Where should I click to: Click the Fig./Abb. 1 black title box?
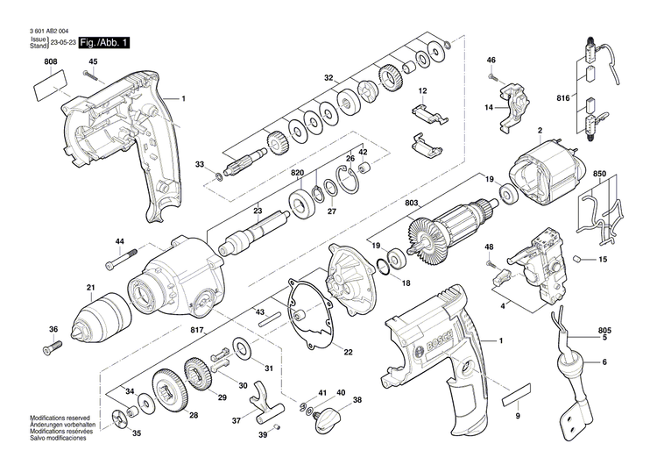pos(104,42)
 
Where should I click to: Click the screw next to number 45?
pos(94,75)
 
